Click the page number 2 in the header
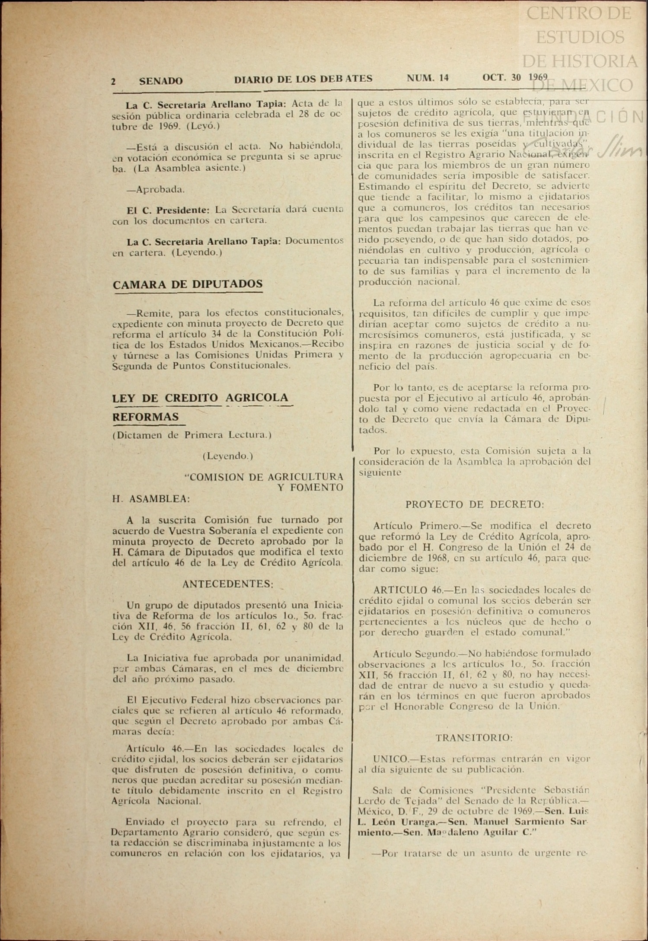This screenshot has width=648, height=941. pyautogui.click(x=113, y=81)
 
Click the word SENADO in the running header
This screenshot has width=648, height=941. pyautogui.click(x=161, y=81)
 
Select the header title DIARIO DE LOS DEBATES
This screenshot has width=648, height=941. pyautogui.click(x=303, y=79)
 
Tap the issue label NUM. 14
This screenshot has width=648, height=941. pyautogui.click(x=428, y=78)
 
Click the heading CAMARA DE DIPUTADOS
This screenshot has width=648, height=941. pyautogui.click(x=188, y=284)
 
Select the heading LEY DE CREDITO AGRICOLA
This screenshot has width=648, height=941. pyautogui.click(x=200, y=398)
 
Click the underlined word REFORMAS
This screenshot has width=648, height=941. pyautogui.click(x=146, y=417)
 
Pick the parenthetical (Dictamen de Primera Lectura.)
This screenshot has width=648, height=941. pyautogui.click(x=192, y=435)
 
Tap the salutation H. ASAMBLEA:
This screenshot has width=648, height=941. pyautogui.click(x=151, y=499)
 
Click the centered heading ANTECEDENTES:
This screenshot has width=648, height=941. pyautogui.click(x=227, y=584)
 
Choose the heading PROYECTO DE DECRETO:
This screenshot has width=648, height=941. pyautogui.click(x=475, y=504)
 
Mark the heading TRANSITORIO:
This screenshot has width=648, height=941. pyautogui.click(x=474, y=738)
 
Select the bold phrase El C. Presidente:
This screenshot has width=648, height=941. pyautogui.click(x=168, y=210)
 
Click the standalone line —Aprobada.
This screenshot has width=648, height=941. pyautogui.click(x=156, y=189)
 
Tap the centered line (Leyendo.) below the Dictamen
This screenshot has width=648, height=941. pyautogui.click(x=227, y=456)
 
